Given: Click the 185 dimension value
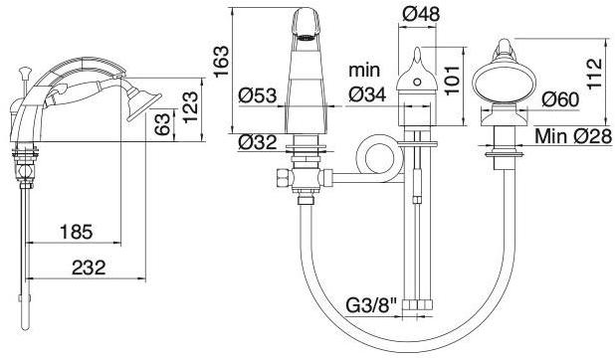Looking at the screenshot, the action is click(77, 232).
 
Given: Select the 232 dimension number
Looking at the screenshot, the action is click(89, 268).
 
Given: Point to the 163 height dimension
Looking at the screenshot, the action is click(221, 62).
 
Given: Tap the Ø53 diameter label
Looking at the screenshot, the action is click(258, 95).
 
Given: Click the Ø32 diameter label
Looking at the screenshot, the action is click(258, 142).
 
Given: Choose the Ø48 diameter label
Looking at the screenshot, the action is click(421, 15).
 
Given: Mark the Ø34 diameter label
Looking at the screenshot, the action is click(367, 94).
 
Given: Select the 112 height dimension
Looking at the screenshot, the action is click(594, 74).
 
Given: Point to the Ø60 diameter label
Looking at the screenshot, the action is click(560, 99).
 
